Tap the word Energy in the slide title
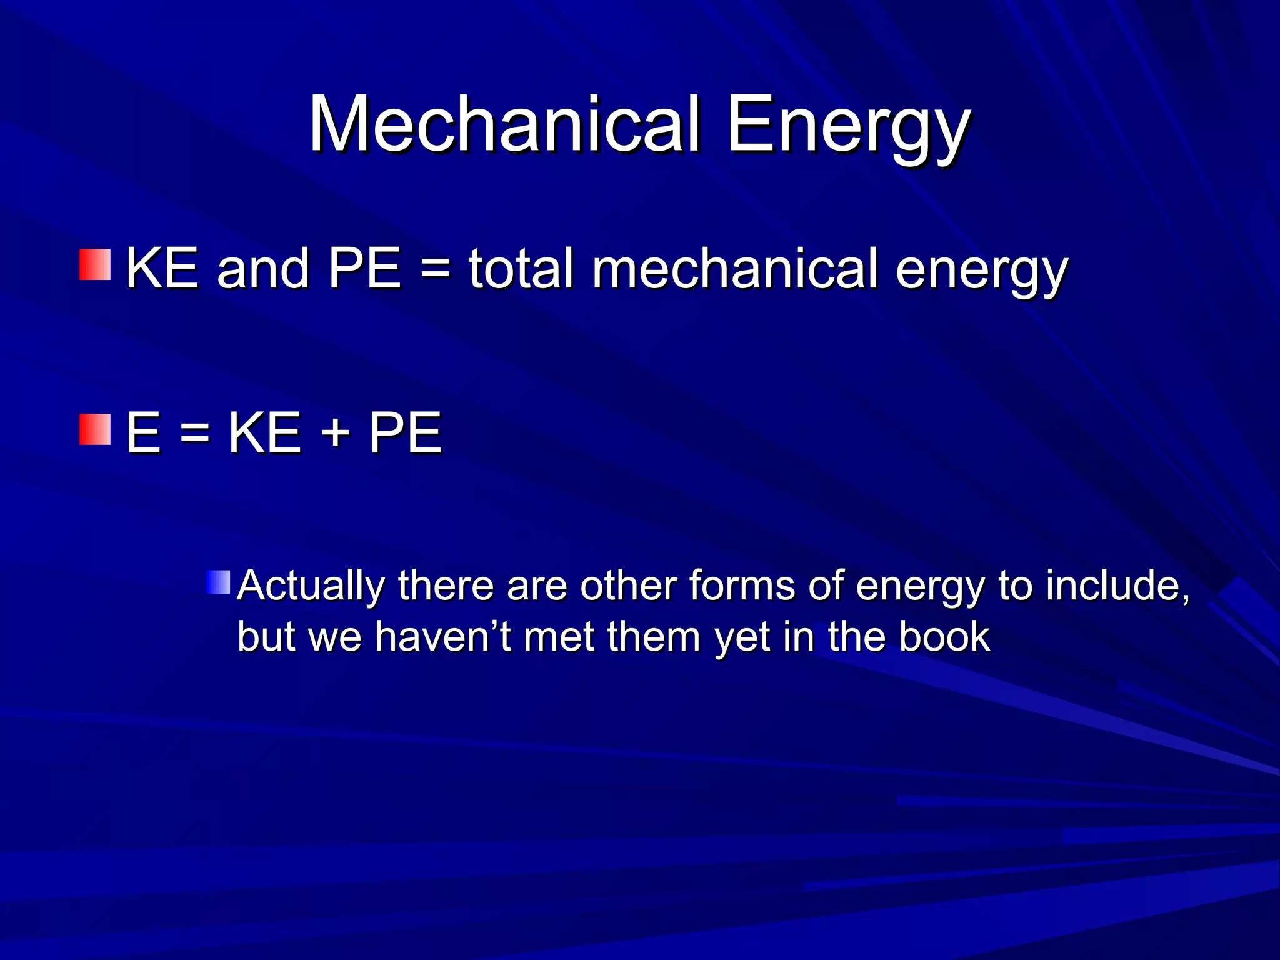click(x=847, y=128)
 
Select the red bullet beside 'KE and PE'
click(x=95, y=265)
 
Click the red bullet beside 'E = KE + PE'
click(x=95, y=429)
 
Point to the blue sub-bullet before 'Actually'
click(x=218, y=582)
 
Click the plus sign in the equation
click(x=336, y=432)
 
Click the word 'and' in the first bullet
click(x=262, y=270)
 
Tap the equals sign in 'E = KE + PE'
click(x=194, y=432)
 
